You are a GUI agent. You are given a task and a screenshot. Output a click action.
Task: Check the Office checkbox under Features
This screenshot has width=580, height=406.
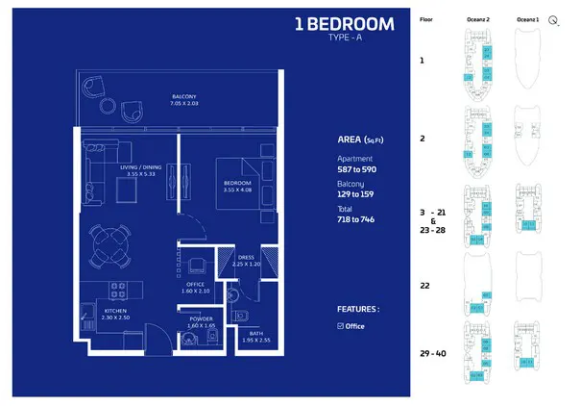pyautogui.click(x=341, y=326)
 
